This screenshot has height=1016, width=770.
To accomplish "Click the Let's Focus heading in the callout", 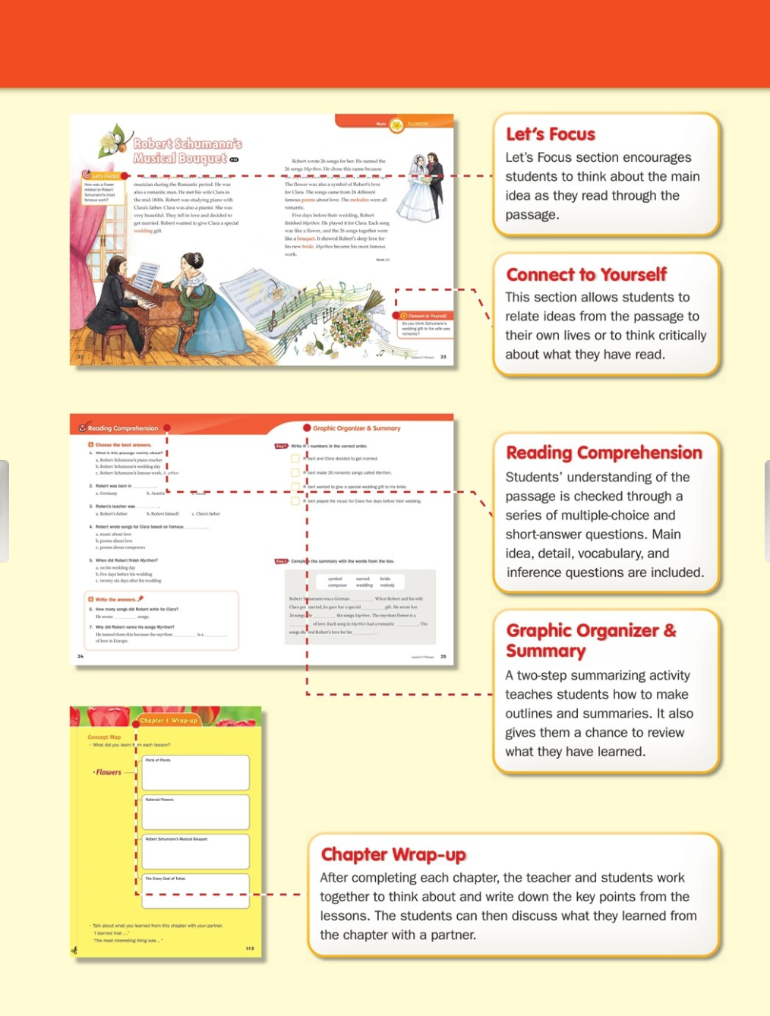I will pos(551,134).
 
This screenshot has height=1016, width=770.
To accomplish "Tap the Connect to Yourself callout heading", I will pos(586,274).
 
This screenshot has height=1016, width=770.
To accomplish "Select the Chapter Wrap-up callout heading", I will pos(393,854).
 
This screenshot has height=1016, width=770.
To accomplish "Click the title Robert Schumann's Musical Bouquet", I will pos(187,150).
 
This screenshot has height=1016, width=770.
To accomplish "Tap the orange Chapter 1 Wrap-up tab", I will pos(169,720).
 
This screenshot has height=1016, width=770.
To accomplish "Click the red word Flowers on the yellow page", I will pos(108,772).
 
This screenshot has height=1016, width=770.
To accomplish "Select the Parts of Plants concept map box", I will pos(196,772).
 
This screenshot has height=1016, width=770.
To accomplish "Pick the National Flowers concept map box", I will pos(196,812).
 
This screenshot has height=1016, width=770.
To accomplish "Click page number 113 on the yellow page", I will pos(250,948).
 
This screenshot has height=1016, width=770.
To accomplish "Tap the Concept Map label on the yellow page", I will pos(104,737).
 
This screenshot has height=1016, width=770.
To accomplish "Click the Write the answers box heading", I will pos(116,599).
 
